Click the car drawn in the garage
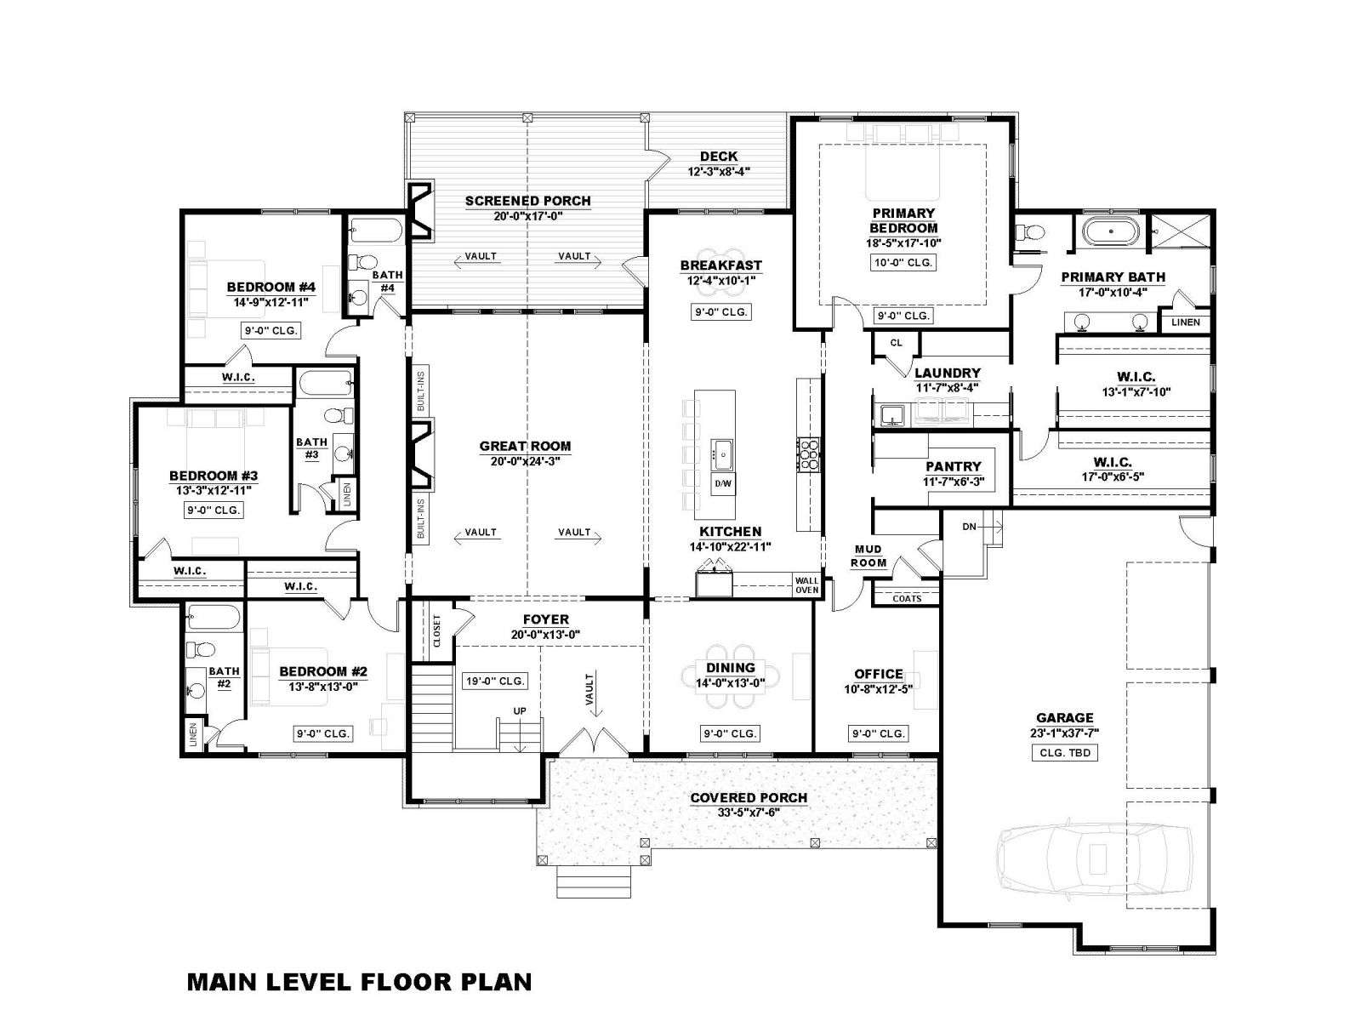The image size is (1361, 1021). click(1094, 858)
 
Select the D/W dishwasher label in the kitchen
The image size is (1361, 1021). click(722, 483)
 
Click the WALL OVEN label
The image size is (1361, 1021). click(806, 585)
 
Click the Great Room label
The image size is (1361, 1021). click(525, 446)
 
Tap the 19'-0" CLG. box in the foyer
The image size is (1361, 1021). click(495, 681)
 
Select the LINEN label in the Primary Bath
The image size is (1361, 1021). click(1186, 322)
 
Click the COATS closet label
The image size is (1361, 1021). click(907, 598)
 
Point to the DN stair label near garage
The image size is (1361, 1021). click(969, 527)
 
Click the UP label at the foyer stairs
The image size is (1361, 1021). click(520, 711)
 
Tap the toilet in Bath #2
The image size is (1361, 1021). click(200, 649)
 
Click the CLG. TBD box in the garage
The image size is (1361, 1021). click(1065, 753)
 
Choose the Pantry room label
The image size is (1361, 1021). click(953, 466)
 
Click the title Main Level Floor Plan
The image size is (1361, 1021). click(360, 982)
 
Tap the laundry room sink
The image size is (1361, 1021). click(891, 414)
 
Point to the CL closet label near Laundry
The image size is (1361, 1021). click(896, 343)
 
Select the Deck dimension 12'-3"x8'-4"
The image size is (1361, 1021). click(719, 172)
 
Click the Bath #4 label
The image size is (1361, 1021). click(388, 282)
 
